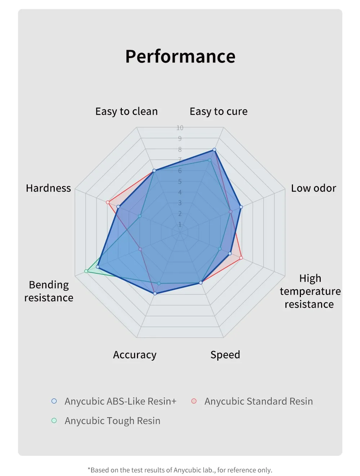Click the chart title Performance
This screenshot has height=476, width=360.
point(180,57)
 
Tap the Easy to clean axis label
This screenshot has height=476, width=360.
point(126,111)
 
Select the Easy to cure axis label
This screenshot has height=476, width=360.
point(218,111)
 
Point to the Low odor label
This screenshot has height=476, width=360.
point(314,188)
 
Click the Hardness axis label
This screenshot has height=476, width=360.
point(48,188)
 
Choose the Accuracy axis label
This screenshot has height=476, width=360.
point(135,355)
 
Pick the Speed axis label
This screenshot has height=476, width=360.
point(225,355)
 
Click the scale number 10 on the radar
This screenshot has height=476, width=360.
point(180,128)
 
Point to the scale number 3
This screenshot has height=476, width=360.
point(180,203)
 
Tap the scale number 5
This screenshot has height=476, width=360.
point(180,181)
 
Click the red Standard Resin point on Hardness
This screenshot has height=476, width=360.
point(108,202)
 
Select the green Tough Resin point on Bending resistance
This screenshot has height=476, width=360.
point(86,271)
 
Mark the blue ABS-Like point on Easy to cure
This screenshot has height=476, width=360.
point(214,150)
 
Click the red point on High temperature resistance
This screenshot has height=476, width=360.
point(241,258)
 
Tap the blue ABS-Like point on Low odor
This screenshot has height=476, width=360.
point(241,207)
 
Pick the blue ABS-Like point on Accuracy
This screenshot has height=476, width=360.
point(155,294)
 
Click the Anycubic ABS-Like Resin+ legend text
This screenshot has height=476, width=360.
point(120,401)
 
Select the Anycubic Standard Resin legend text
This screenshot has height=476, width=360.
point(258,401)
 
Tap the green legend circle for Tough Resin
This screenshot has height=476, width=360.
point(54,420)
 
